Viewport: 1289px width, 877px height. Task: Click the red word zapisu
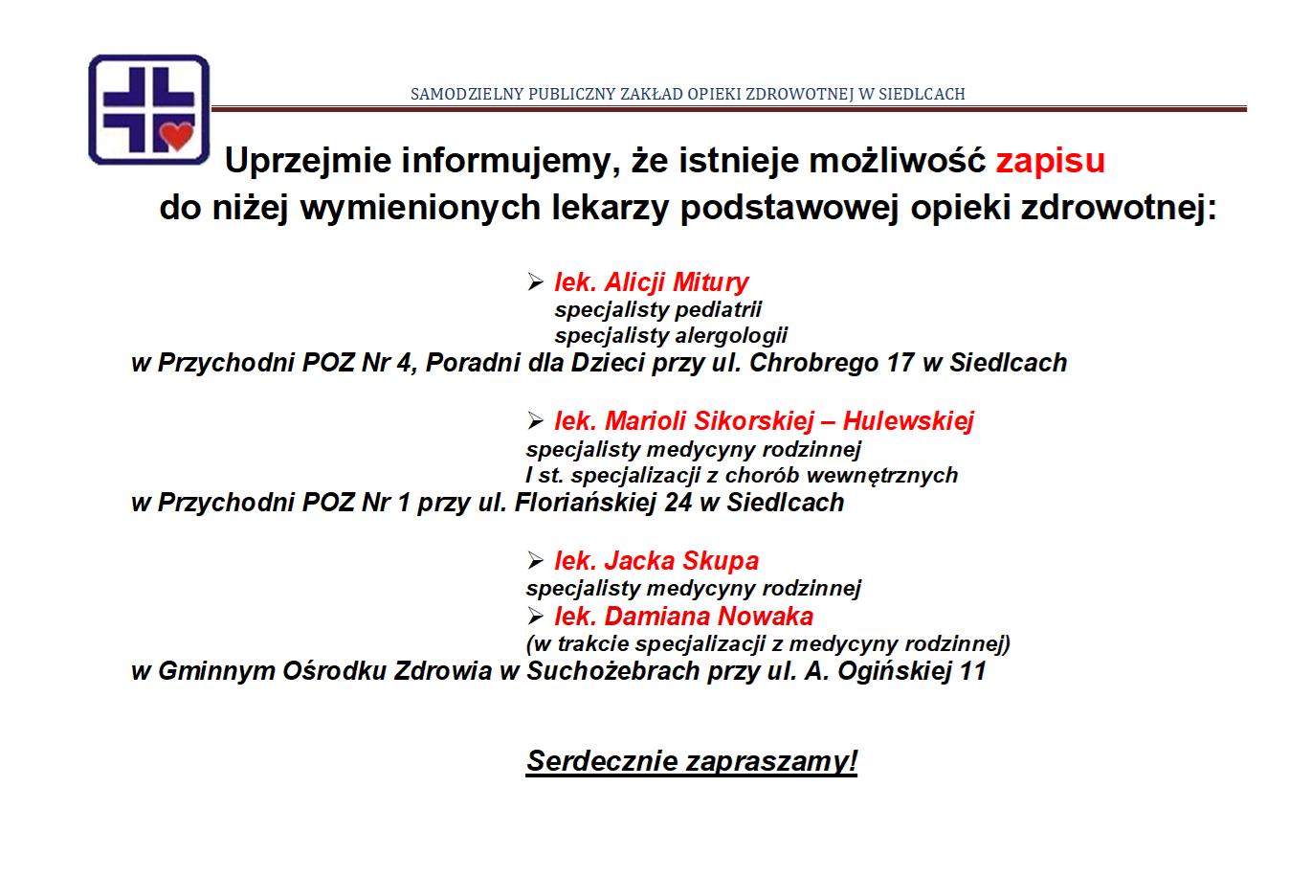pos(1050,161)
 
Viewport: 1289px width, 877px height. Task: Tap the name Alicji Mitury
pos(677,282)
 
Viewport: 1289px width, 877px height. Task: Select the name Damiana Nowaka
pos(708,617)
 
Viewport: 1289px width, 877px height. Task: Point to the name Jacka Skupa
pos(681,561)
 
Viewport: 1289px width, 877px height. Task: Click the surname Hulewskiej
pos(908,421)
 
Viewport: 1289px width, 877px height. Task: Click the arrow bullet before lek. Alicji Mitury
pos(535,282)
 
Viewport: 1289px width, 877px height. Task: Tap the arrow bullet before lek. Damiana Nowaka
pos(535,617)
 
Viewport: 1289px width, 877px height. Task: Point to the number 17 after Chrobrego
pos(900,363)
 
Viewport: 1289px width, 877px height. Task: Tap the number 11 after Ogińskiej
pos(972,671)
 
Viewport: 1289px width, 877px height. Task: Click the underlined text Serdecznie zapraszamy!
pos(692,761)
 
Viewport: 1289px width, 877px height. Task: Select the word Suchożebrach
pos(612,671)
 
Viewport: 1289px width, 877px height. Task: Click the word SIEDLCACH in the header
pos(922,95)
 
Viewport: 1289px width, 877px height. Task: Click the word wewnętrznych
pos(882,476)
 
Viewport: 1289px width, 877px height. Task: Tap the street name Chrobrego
pos(814,364)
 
